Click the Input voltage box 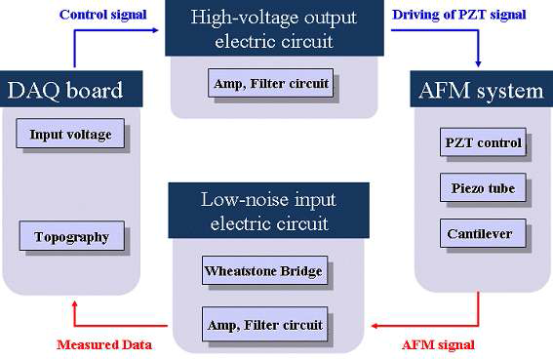click(70, 134)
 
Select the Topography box click(72, 236)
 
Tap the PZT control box click(483, 141)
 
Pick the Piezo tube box click(483, 187)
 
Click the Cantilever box click(483, 233)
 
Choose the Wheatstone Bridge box click(264, 270)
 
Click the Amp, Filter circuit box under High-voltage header click(270, 83)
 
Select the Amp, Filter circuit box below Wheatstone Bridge click(264, 324)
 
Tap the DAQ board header click(71, 89)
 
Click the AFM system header click(482, 89)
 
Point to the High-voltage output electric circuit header click(274, 28)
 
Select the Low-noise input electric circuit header click(269, 211)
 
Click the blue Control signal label click(103, 15)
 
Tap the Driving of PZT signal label click(459, 15)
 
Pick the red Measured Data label click(104, 344)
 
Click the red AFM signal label click(438, 344)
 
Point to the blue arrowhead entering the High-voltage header click(155, 30)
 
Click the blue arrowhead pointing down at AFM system click(478, 63)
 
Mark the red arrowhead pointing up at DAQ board click(74, 304)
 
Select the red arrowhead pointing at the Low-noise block click(375, 326)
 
